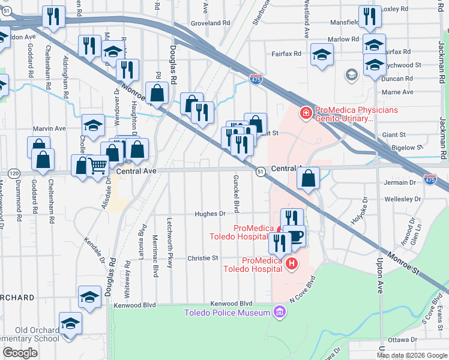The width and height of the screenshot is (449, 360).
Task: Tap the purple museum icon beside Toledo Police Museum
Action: pyautogui.click(x=279, y=311)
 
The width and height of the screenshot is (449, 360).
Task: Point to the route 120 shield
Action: pyautogui.click(x=13, y=173)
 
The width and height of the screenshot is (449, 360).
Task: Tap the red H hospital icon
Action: pyautogui.click(x=292, y=263)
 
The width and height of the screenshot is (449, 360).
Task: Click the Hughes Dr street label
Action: pyautogui.click(x=209, y=213)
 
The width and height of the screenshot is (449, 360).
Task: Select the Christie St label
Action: pyautogui.click(x=203, y=258)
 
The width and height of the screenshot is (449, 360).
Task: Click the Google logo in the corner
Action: pyautogui.click(x=20, y=353)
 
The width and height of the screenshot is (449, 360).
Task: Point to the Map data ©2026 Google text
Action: pyautogui.click(x=412, y=355)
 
